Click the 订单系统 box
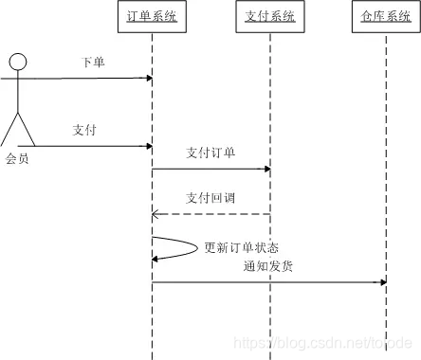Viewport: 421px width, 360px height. coord(152,17)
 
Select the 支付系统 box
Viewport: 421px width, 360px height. coord(269,17)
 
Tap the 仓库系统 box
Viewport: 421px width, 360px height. coord(386,17)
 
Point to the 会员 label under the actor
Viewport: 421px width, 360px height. coord(17,159)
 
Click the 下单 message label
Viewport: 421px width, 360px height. coord(93,63)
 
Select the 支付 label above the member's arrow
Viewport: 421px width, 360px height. coord(85,131)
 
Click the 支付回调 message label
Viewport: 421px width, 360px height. coord(210,199)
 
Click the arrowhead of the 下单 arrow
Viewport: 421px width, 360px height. coord(148,78)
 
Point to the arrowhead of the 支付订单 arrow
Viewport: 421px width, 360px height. coord(266,170)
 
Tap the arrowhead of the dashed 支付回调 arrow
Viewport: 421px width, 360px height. coord(156,215)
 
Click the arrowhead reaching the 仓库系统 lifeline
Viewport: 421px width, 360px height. coord(382,282)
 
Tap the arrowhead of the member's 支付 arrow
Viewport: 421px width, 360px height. coord(148,146)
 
